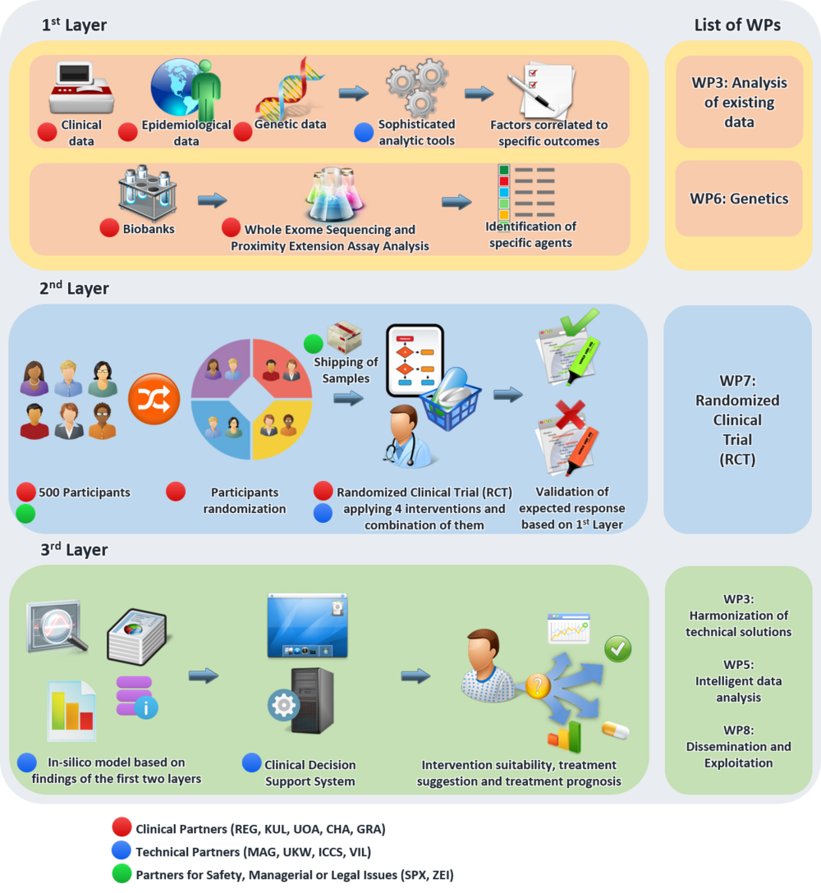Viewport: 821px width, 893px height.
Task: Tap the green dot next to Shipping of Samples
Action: click(x=313, y=344)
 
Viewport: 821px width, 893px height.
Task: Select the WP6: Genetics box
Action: click(x=739, y=199)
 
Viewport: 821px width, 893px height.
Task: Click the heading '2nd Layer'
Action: click(x=74, y=289)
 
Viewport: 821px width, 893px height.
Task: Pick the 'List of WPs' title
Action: click(x=738, y=25)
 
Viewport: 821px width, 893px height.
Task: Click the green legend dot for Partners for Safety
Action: click(x=122, y=875)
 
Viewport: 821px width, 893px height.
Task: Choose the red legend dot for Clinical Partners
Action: click(x=122, y=830)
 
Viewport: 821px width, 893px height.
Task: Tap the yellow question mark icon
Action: click(x=537, y=686)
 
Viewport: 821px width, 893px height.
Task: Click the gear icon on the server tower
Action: click(x=284, y=706)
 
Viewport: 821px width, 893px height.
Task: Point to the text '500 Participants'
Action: click(x=85, y=492)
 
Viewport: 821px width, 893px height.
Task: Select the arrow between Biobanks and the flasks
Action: click(x=212, y=199)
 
